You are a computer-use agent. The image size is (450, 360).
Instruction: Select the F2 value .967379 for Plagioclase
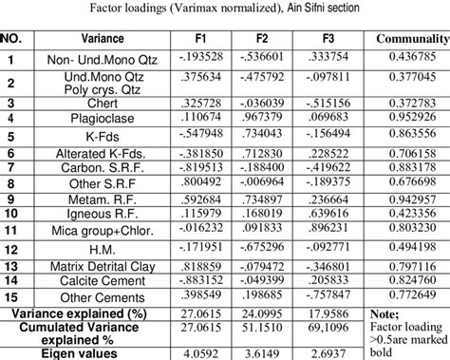coord(267,118)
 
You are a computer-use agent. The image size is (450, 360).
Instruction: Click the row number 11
coord(12,230)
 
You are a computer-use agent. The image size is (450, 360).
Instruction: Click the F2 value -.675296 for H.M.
coord(267,249)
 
